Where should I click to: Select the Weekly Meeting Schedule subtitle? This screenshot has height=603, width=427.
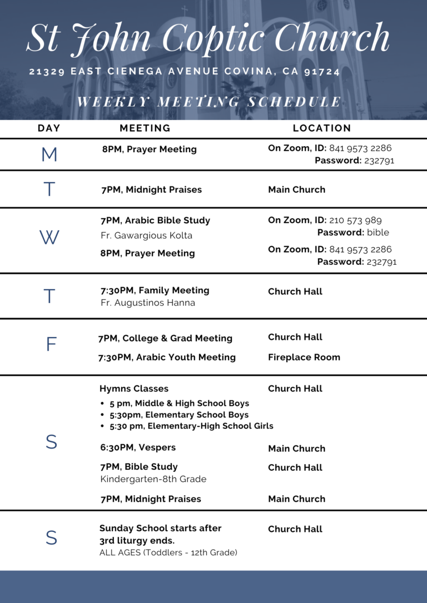tap(209, 102)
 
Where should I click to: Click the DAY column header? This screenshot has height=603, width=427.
tap(49, 128)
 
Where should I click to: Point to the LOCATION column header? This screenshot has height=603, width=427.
tap(322, 128)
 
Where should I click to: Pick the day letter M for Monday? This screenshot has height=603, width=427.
tap(49, 154)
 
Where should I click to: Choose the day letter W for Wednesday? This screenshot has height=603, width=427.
tap(49, 238)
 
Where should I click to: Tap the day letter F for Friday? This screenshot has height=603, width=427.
tap(51, 345)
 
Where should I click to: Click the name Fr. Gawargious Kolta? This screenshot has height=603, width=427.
tap(146, 235)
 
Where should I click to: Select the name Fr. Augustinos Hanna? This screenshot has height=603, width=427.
tap(147, 303)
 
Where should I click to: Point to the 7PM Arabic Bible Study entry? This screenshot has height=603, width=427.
tap(155, 220)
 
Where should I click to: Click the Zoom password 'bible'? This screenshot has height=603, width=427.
tap(378, 232)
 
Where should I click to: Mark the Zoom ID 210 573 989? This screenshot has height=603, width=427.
tap(355, 220)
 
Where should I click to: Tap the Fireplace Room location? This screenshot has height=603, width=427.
tap(304, 357)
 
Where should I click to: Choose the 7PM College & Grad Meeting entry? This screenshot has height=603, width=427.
tap(165, 338)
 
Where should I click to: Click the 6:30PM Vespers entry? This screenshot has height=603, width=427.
tap(138, 448)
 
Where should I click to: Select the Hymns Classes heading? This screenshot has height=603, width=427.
tap(134, 389)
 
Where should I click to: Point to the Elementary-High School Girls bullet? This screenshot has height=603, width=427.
tap(191, 426)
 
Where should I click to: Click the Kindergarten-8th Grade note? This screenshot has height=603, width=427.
tap(153, 479)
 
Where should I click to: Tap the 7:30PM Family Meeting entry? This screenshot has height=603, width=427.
tap(155, 290)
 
